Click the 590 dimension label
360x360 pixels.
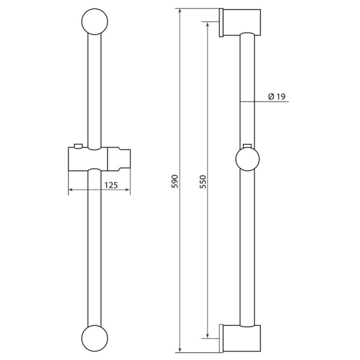coord(175,181)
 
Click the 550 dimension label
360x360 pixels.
coord(203,182)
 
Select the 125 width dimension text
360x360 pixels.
coord(111,185)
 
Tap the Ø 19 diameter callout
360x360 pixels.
coord(277,97)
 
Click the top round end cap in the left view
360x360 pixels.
coord(95,22)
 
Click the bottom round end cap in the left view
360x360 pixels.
coord(95,338)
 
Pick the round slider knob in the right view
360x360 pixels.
coord(247,159)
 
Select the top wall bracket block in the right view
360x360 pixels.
coord(242,23)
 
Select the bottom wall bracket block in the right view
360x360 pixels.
coord(242,338)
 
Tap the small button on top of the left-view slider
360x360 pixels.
coord(78,146)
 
